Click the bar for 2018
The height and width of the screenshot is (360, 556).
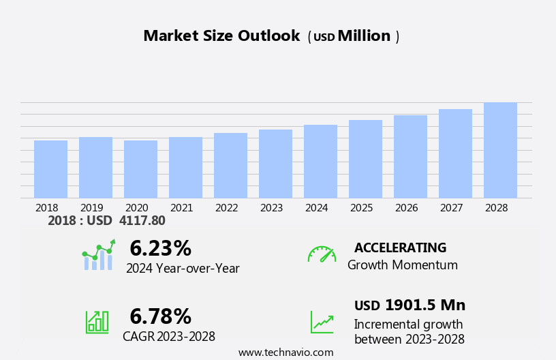50,169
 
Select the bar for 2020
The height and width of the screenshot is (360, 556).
140,169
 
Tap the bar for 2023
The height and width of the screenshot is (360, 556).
275,164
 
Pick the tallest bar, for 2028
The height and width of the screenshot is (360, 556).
500,150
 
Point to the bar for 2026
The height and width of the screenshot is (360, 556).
410,157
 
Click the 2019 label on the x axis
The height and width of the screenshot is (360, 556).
91,207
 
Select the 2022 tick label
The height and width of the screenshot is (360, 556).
226,207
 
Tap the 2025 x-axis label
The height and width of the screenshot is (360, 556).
361,207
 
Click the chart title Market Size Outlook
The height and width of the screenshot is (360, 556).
221,36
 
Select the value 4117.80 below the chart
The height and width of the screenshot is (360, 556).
142,220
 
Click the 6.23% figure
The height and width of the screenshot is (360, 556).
160,248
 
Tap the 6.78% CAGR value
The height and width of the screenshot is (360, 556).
160,316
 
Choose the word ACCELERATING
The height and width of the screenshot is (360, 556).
400,247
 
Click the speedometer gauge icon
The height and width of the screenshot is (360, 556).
322,254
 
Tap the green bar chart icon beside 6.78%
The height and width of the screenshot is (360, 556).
97,321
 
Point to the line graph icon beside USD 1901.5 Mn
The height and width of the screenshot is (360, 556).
322,321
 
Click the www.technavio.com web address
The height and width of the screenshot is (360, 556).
285,352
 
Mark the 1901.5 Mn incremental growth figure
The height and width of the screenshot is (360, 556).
424,305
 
